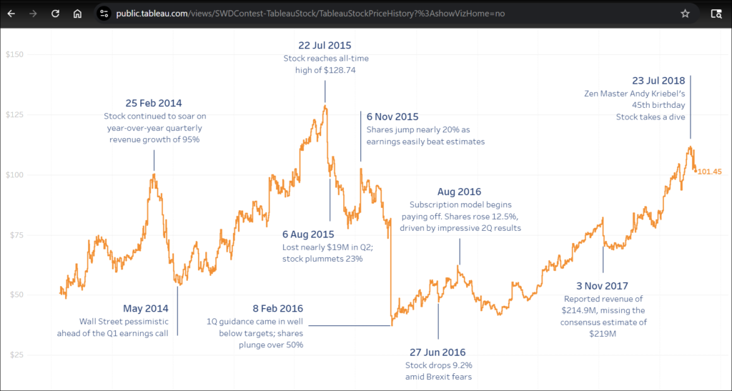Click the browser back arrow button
11,14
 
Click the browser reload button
55,14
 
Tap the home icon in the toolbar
77,14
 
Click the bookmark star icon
685,14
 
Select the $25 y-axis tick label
16,355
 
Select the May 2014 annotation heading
146,308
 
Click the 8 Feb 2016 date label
278,308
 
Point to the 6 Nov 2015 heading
392,117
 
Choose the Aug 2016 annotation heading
460,192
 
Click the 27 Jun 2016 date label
437,352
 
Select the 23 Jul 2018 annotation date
658,81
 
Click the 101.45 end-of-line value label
709,172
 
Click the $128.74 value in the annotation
341,70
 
